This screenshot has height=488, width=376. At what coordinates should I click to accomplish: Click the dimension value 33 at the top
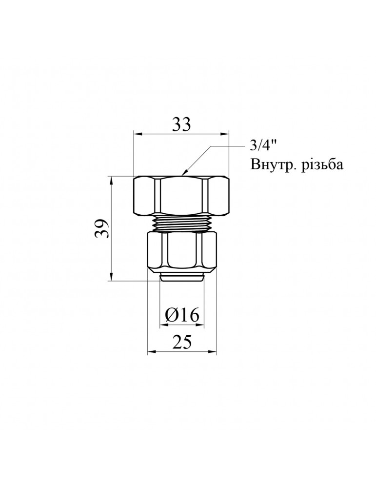pyautogui.click(x=181, y=125)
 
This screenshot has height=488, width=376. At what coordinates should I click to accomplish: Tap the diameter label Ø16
pyautogui.click(x=182, y=316)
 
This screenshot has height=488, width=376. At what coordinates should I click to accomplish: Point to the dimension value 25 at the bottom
pyautogui.click(x=181, y=343)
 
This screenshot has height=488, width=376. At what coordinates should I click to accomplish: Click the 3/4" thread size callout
pyautogui.click(x=263, y=146)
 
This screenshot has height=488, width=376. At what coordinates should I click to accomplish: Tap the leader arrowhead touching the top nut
pyautogui.click(x=183, y=173)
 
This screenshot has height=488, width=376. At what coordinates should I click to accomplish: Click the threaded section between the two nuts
pyautogui.click(x=182, y=224)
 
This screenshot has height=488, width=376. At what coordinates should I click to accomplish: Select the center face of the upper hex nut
pyautogui.click(x=182, y=196)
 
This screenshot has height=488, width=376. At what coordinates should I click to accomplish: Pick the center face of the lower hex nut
pyautogui.click(x=182, y=253)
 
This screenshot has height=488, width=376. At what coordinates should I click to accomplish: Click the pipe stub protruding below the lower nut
pyautogui.click(x=182, y=278)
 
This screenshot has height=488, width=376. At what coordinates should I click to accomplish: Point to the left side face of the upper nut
pyautogui.click(x=145, y=196)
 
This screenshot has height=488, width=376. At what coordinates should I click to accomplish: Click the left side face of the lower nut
pyautogui.click(x=157, y=253)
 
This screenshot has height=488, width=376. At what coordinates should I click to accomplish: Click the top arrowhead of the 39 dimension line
pyautogui.click(x=112, y=180)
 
